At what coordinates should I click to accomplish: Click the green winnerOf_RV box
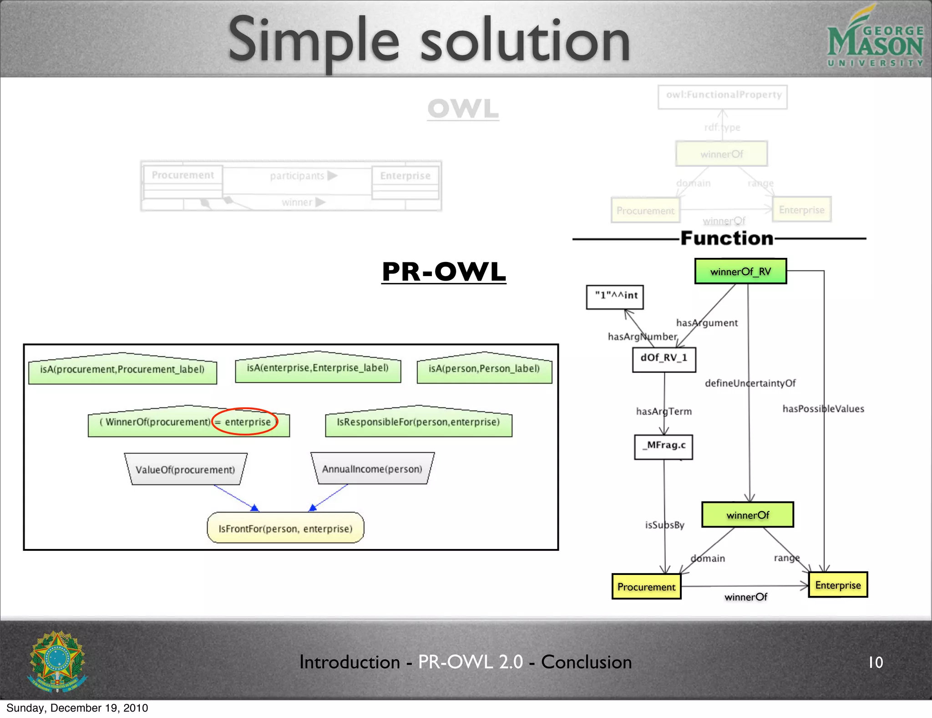tap(740, 272)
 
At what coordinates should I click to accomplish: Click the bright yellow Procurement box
tap(646, 587)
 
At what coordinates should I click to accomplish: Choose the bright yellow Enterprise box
tap(838, 585)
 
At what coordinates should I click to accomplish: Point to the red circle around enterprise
tap(245, 421)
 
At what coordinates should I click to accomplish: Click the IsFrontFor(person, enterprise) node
tap(285, 528)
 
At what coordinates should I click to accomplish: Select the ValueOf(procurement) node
tap(185, 469)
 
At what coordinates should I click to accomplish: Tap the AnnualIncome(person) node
tap(372, 469)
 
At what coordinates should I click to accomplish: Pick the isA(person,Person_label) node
tap(484, 369)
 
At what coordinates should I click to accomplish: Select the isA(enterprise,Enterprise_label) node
tap(318, 368)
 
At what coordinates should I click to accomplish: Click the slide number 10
tap(876, 662)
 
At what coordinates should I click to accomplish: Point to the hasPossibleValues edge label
tap(823, 409)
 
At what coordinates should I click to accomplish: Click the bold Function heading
tap(727, 238)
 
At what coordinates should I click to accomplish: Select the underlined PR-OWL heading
tap(444, 272)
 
